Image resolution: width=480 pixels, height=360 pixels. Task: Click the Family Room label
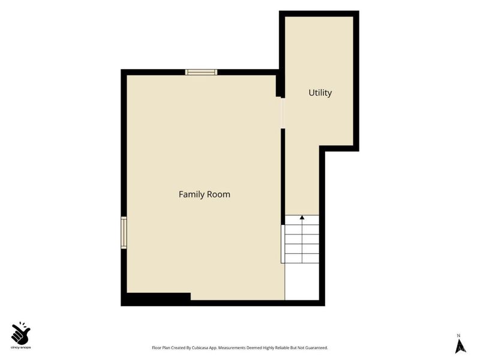[205, 194]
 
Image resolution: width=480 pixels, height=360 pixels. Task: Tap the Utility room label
[320, 93]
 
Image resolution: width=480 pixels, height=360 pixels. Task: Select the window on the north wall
[201, 72]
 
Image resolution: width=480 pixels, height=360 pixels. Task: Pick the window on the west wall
[124, 233]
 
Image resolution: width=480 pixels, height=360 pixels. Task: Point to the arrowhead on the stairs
[302, 217]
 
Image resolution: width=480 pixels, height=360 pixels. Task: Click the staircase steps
[301, 239]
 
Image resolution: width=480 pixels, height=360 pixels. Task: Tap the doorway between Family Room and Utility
[283, 113]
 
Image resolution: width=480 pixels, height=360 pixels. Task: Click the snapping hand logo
[20, 334]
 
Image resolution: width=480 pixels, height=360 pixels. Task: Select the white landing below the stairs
[302, 281]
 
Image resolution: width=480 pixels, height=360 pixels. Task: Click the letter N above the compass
[458, 335]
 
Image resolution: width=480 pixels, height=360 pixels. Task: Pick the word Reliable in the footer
[283, 348]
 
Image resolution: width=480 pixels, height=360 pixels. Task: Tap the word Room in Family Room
[218, 194]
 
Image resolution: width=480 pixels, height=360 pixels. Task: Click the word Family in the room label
[191, 194]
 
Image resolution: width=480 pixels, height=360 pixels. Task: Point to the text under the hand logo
[20, 347]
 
